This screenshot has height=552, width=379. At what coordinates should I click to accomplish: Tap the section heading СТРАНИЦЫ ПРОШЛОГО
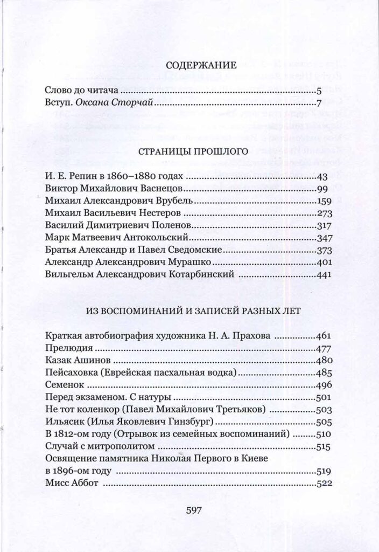193,152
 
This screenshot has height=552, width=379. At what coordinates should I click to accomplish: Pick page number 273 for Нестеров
325,212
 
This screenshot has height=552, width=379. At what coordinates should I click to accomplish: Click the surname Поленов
166,225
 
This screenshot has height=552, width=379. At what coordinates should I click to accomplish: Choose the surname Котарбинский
202,274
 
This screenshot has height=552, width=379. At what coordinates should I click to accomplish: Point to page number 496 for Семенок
325,385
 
